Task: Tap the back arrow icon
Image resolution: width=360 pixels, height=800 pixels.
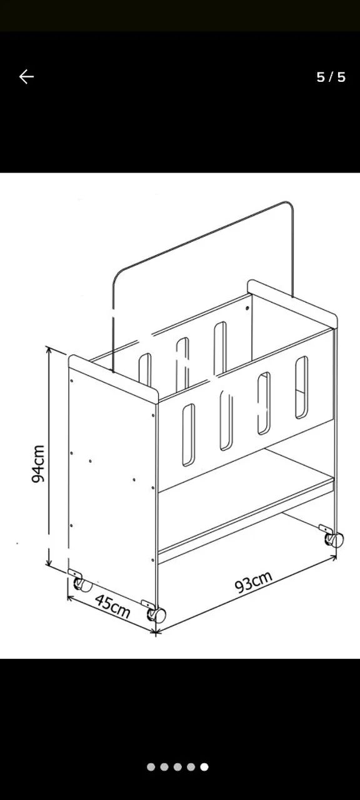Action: [26, 76]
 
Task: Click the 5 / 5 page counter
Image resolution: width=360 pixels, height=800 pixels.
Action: [331, 77]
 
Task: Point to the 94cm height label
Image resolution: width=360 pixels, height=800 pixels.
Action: [38, 464]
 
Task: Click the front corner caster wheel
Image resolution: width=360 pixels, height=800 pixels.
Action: [157, 614]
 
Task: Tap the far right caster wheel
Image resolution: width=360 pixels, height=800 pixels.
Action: [334, 539]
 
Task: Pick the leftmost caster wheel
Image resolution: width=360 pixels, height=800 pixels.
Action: [82, 584]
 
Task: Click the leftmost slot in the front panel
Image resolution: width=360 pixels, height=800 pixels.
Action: [189, 434]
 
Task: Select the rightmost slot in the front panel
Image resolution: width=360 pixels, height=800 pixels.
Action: [301, 387]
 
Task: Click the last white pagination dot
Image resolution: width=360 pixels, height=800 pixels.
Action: [204, 767]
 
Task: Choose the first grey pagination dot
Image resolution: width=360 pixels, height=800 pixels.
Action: [151, 767]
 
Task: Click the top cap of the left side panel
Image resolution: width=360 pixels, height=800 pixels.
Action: [113, 379]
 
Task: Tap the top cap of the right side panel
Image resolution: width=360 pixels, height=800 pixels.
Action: [292, 304]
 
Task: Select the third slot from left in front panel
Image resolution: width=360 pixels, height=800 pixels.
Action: [264, 403]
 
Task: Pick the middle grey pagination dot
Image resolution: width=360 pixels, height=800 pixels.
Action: [177, 767]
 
